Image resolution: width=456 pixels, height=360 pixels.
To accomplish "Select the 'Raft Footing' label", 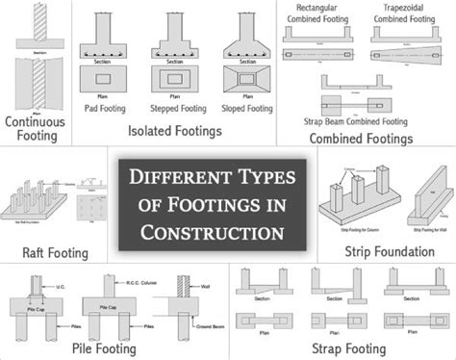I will [x=56, y=253].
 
